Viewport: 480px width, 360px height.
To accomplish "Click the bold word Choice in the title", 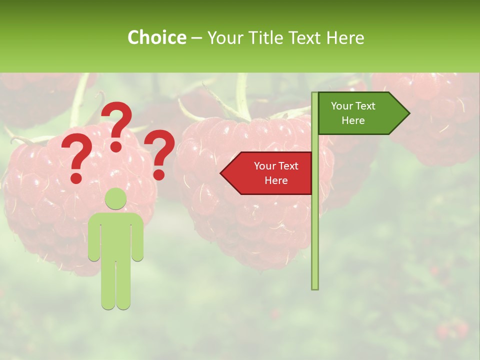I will pos(156,37).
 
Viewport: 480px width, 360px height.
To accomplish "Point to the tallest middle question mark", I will pos(117,122).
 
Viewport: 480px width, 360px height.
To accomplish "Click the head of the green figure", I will pos(116,199).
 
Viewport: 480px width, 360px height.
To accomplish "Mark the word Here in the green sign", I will pos(353,120).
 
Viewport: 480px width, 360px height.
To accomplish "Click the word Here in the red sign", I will pos(276,180).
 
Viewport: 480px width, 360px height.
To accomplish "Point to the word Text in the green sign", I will pos(365,106).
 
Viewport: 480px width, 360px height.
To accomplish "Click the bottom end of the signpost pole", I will pos(315,286).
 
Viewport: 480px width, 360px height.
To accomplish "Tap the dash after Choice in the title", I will pos(196,38).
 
